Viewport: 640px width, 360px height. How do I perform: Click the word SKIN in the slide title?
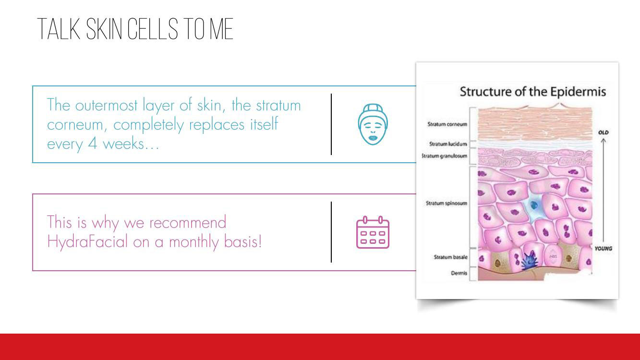(104, 29)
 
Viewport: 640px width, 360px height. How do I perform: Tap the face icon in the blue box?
(373, 124)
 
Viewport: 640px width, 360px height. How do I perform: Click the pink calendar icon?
(373, 232)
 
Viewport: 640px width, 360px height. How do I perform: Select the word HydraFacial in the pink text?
(87, 241)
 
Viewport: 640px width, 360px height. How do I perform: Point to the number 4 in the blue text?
(92, 143)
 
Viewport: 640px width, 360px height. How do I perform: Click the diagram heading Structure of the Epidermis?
(532, 92)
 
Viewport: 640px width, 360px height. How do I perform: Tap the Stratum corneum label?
(447, 124)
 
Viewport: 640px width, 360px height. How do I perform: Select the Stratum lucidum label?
(448, 144)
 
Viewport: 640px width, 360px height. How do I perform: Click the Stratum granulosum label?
(445, 156)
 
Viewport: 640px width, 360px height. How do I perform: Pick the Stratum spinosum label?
(447, 203)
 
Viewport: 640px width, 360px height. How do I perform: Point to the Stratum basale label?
(450, 257)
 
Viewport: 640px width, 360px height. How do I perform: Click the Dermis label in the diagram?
(459, 273)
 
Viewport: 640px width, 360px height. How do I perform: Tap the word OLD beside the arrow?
(604, 132)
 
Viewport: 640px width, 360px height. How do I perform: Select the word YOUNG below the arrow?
(604, 249)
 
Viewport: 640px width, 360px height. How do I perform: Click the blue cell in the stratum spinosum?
(533, 205)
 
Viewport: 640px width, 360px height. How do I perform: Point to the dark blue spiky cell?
(529, 261)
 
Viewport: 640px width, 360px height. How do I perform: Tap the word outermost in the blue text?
(106, 106)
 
